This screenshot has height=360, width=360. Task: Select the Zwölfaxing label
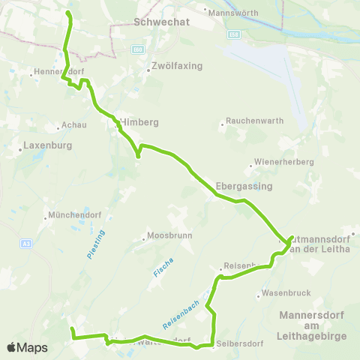(177, 66)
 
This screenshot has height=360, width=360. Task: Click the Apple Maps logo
(27, 348)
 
